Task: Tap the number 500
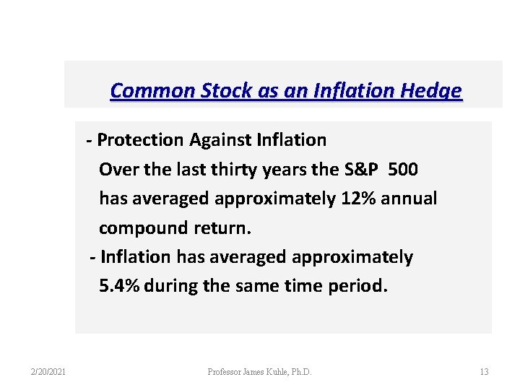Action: (x=402, y=169)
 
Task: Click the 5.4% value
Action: (x=119, y=286)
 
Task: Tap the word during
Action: (x=172, y=286)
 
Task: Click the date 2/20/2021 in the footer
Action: (x=48, y=372)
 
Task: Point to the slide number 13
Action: (x=484, y=372)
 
